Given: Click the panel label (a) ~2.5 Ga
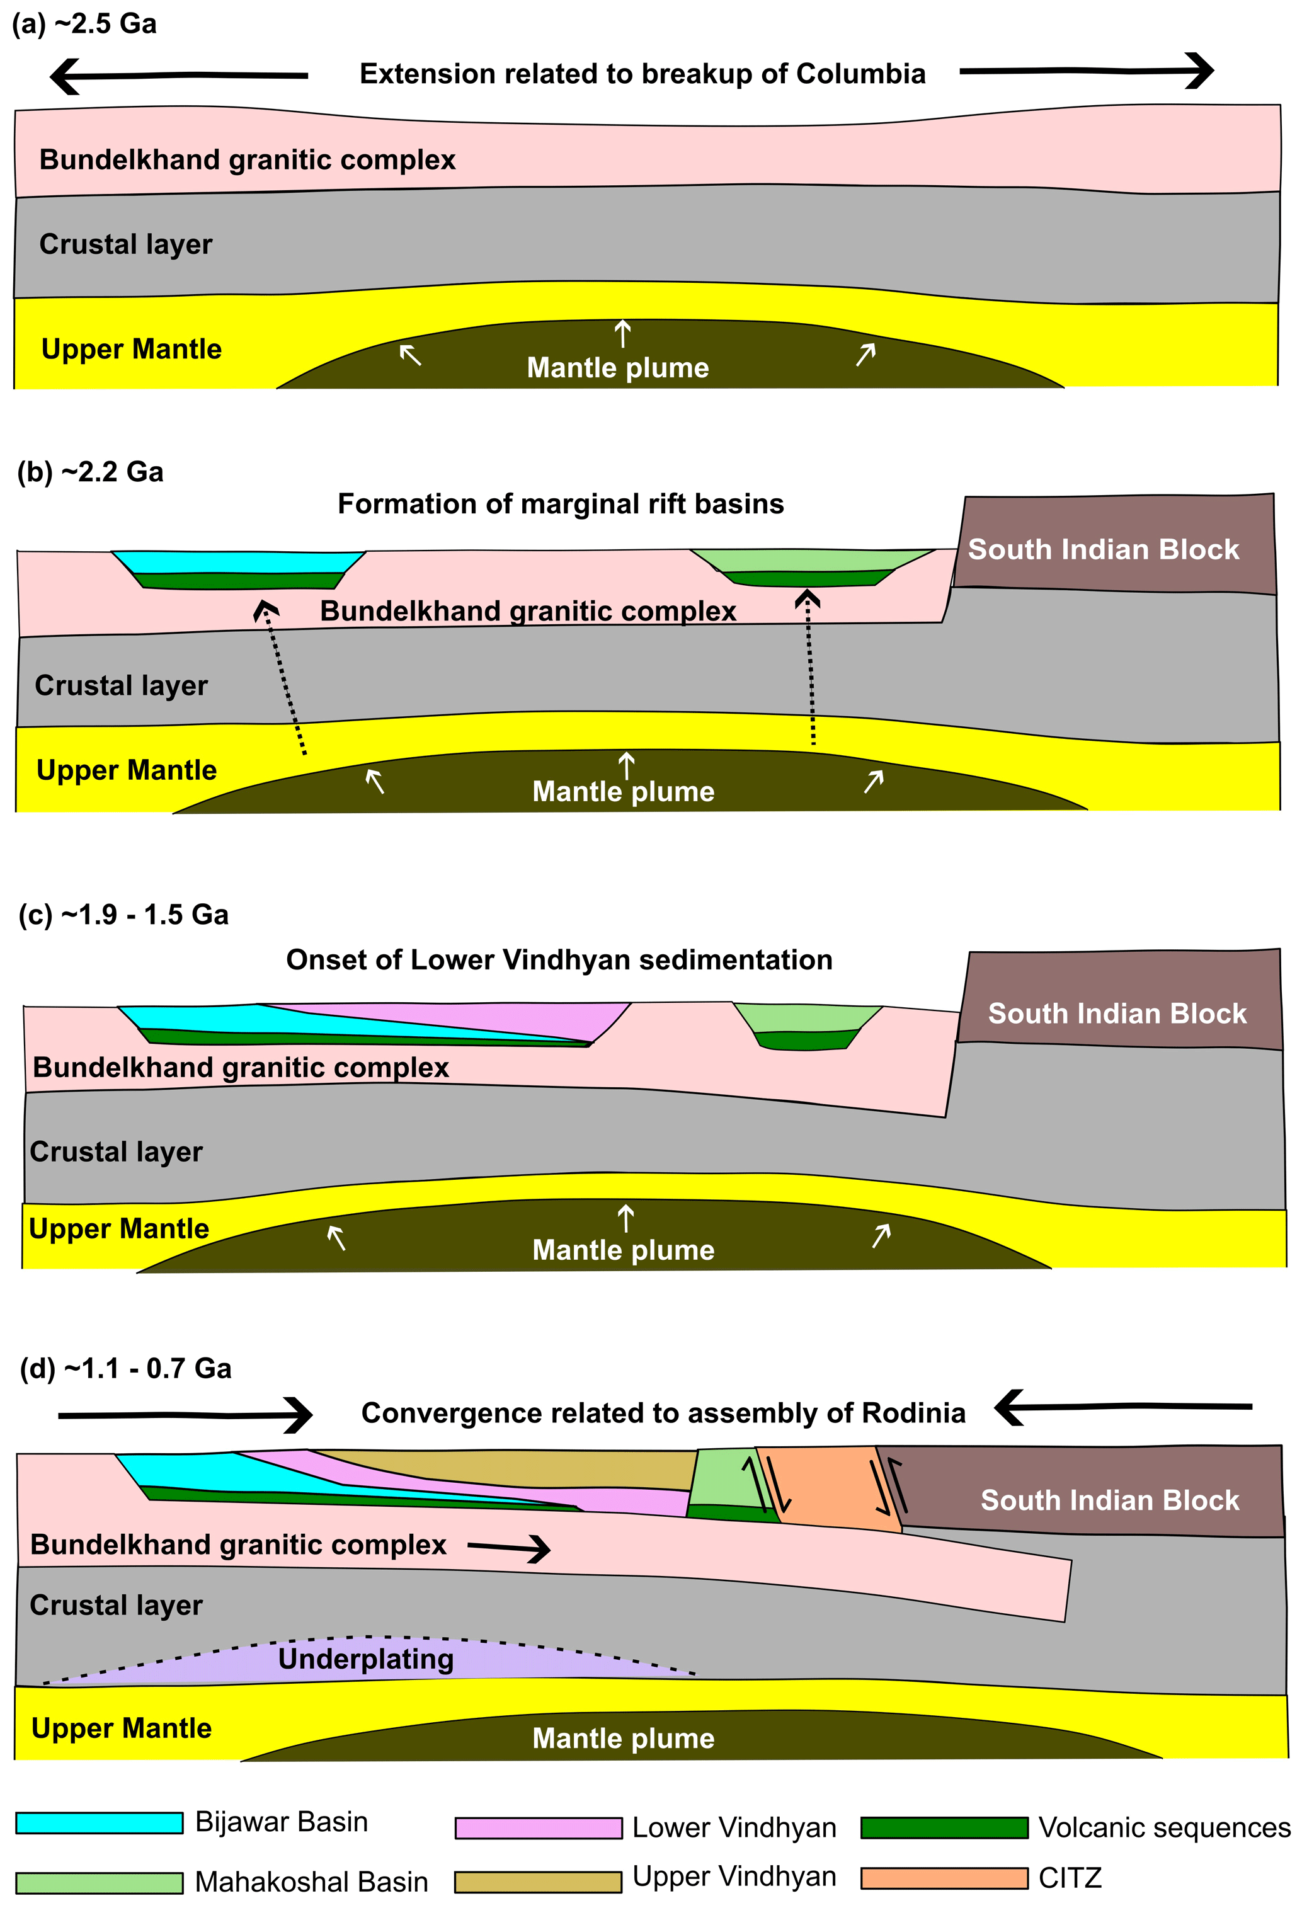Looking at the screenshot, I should [x=84, y=24].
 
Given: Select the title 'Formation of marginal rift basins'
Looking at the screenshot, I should [x=561, y=503].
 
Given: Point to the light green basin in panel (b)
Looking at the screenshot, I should [x=809, y=560].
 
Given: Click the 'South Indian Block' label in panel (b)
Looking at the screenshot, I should [x=1104, y=549].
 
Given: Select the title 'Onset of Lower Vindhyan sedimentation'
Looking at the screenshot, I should [x=559, y=960].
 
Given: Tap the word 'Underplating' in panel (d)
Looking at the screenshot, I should [x=366, y=1659].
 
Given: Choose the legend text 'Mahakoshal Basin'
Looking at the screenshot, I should [x=312, y=1882].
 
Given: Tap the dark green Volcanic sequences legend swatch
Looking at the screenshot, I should [x=944, y=1827].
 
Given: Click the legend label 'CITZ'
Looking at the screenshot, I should [x=1070, y=1878].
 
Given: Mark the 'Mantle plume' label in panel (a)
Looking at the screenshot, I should [x=617, y=368].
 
